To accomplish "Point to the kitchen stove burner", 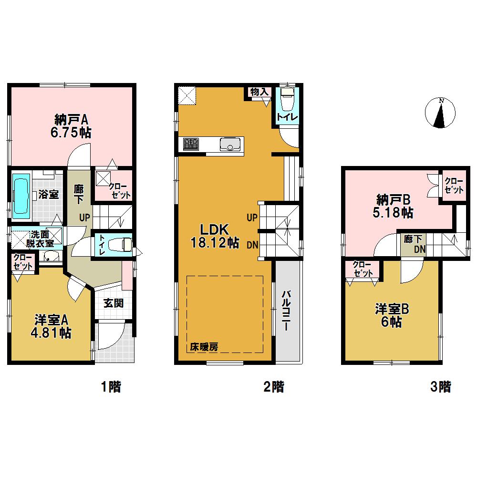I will click(x=191, y=144).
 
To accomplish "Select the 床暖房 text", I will click(x=205, y=347).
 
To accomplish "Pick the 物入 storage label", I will click(x=259, y=92).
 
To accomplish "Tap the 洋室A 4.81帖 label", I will click(x=51, y=326).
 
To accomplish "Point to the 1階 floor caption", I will click(x=111, y=387).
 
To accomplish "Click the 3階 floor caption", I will click(x=440, y=387).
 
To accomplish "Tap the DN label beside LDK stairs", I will click(x=253, y=246).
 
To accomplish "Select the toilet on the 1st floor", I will click(x=120, y=245).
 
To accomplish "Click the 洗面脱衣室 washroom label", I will click(x=40, y=238).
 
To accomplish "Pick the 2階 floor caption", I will click(x=273, y=387).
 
